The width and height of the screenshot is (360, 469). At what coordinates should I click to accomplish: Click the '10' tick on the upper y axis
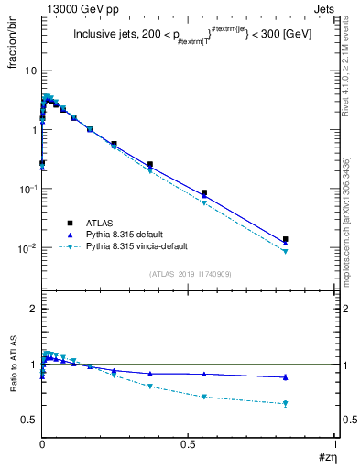[x=30, y=71]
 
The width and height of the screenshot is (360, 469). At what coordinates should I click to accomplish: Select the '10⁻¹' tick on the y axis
[x=27, y=189]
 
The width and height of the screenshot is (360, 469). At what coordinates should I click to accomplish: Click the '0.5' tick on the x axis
[x=188, y=444]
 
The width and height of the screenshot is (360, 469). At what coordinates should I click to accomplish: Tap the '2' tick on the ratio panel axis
[x=34, y=309]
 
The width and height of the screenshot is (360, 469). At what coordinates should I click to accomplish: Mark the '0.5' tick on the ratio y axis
[x=29, y=420]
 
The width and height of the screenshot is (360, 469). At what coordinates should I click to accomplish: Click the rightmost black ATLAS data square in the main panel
[x=286, y=239]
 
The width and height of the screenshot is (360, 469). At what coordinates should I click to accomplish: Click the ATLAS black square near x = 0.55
[x=203, y=193]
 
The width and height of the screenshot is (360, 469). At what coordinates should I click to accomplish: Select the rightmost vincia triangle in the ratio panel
[x=286, y=404]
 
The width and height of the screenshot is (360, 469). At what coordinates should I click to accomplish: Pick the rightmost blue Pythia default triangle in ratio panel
[x=286, y=377]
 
